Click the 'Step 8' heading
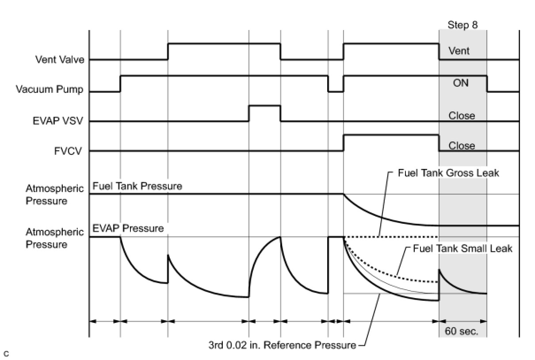pyautogui.click(x=462, y=25)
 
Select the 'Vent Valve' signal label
pyautogui.click(x=60, y=60)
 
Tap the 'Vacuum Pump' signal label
pyautogui.click(x=50, y=89)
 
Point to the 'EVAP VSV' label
pyautogui.click(x=57, y=121)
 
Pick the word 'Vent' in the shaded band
pyautogui.click(x=459, y=51)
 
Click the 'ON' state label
pyautogui.click(x=461, y=83)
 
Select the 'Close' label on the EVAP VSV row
pyautogui.click(x=462, y=115)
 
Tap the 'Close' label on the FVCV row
pyautogui.click(x=462, y=146)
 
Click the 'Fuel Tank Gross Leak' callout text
pyautogui.click(x=448, y=173)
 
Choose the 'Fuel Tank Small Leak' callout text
pyautogui.click(x=462, y=249)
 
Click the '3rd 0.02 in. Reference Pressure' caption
pyautogui.click(x=282, y=345)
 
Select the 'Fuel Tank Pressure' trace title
pyautogui.click(x=137, y=186)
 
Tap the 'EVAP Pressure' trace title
pyautogui.click(x=128, y=229)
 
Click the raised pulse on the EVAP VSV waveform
pyautogui.click(x=264, y=106)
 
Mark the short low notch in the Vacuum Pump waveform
pyautogui.click(x=336, y=91)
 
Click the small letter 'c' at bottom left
pyautogui.click(x=6, y=353)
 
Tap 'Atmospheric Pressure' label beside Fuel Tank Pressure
pyautogui.click(x=54, y=195)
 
